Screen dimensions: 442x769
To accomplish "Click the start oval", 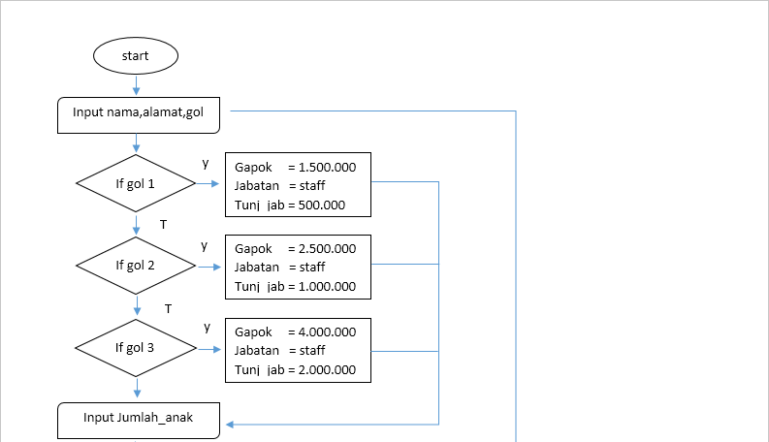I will (136, 55).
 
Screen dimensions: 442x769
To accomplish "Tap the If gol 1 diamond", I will (136, 182).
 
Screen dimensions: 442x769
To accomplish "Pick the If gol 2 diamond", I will (136, 265).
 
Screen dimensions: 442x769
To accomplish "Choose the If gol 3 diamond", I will (136, 348).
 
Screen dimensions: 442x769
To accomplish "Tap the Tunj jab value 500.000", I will (322, 205).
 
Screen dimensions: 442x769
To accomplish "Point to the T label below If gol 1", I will (163, 225).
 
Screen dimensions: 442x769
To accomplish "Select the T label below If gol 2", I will (168, 309).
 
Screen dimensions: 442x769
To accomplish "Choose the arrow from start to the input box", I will (136, 84).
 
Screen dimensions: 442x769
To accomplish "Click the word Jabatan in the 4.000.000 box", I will (257, 350).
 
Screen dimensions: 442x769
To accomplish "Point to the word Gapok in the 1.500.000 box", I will (252, 167).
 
